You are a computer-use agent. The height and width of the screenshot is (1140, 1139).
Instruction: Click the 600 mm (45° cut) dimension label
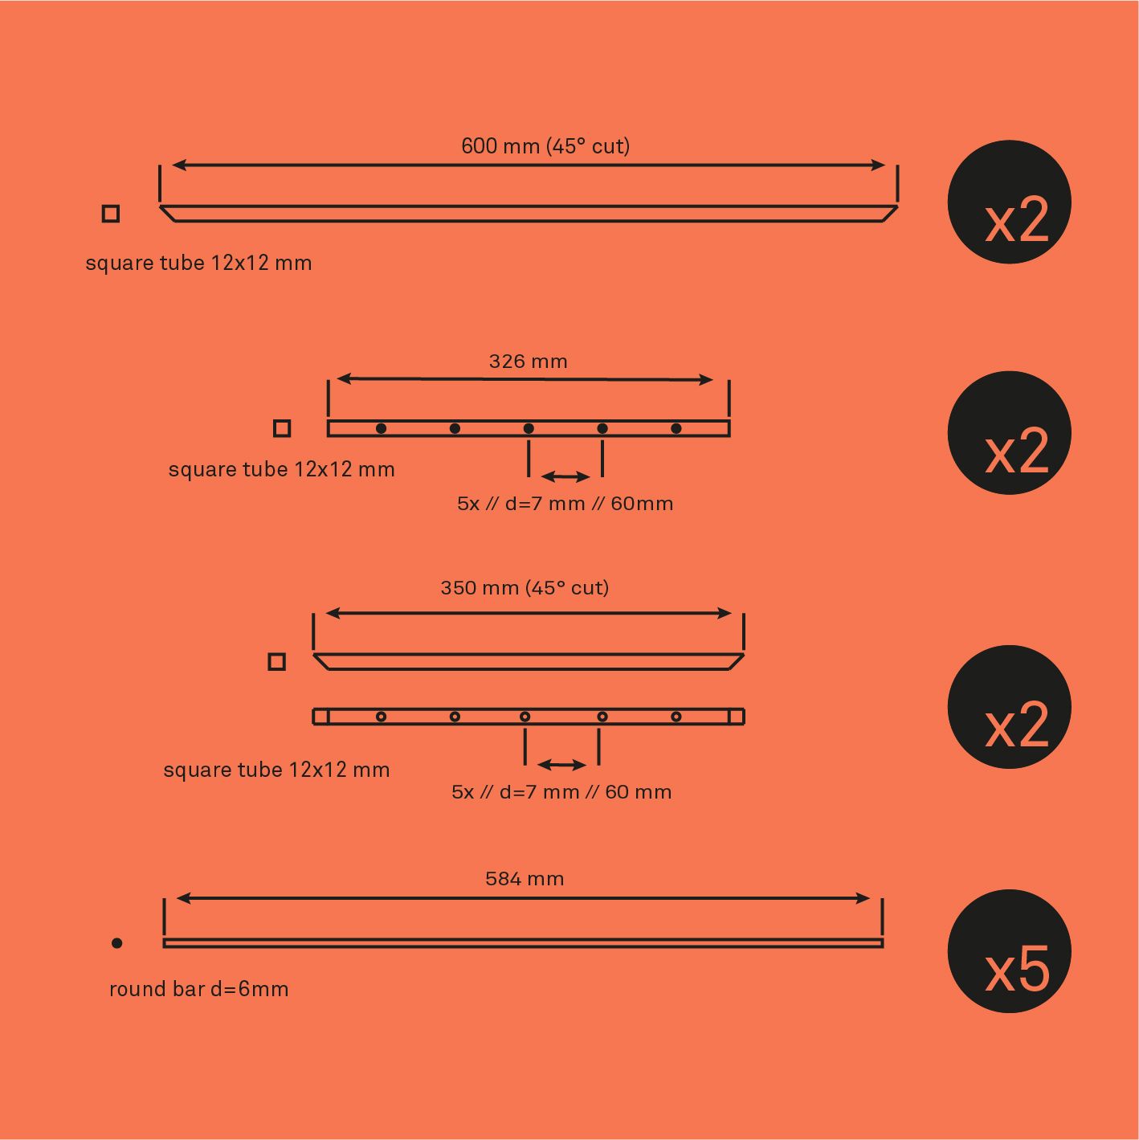coord(545,146)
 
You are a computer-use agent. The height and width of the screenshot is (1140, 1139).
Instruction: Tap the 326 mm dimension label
coord(528,362)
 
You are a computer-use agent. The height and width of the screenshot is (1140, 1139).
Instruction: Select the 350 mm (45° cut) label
coord(525,588)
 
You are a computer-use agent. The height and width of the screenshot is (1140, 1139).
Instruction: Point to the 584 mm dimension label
coord(525,879)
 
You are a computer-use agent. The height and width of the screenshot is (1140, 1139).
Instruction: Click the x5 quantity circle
coord(1009,951)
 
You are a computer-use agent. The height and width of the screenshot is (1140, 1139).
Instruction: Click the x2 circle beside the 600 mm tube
coord(1009,202)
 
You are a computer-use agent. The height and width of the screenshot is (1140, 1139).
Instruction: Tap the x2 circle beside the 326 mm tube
coord(1009,433)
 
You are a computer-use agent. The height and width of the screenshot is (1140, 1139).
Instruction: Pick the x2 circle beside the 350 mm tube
coord(1009,707)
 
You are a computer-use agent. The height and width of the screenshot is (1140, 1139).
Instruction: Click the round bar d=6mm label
coord(199,989)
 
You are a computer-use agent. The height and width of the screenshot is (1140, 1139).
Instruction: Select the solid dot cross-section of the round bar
coord(116,943)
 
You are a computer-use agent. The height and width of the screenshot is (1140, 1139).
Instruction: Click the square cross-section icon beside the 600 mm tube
coord(111,214)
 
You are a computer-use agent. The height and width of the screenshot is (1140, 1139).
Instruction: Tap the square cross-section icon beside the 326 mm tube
coord(282,428)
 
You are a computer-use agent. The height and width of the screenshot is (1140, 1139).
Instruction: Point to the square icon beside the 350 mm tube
coord(276,662)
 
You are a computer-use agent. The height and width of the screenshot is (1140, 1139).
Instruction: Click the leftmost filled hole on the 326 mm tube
coord(381,428)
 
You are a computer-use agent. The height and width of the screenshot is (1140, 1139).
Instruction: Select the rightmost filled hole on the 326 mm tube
coord(676,428)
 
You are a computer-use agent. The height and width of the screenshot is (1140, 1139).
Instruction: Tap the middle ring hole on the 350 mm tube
coord(525,717)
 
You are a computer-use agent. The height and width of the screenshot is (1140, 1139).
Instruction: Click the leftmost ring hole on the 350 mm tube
coord(381,717)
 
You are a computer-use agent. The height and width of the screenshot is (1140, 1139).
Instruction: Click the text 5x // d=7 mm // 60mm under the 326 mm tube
coord(565,504)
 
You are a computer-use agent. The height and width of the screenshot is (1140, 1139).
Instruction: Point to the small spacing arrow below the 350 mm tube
coord(561,766)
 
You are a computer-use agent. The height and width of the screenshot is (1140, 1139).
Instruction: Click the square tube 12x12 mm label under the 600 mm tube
coord(198,264)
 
